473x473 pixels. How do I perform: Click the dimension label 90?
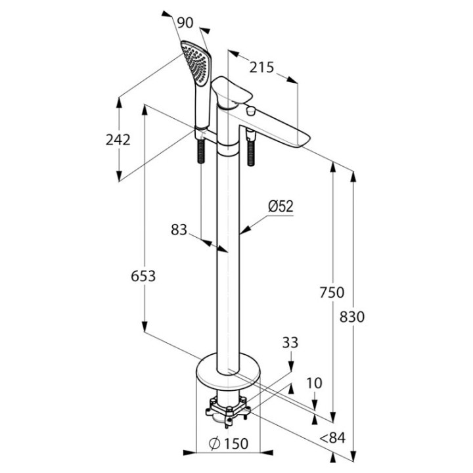coord(185,22)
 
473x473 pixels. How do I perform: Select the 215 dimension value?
coord(261,67)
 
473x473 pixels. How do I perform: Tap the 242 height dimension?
coord(118,139)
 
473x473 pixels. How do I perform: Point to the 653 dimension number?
coord(143,276)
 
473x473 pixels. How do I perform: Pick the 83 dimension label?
coord(179,230)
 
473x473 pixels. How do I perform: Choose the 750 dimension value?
coord(332,293)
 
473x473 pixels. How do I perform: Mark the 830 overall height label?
coord(352,316)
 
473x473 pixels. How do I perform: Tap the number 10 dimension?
coord(315,382)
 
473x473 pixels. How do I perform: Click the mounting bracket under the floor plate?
coord(227,411)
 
